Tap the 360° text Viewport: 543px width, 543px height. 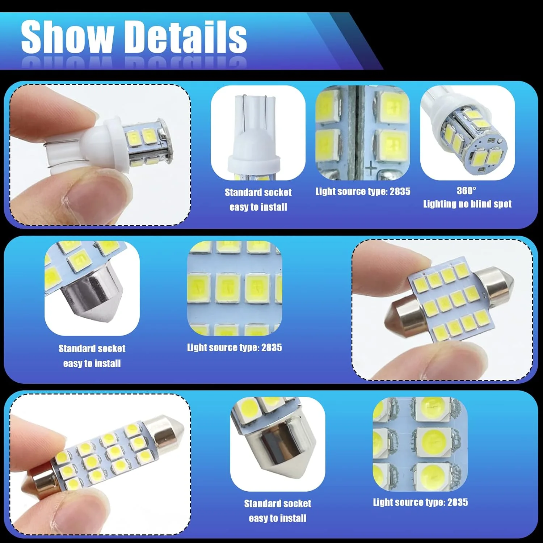click(x=467, y=190)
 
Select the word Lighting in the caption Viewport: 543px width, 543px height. click(x=439, y=204)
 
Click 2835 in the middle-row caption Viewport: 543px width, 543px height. click(x=271, y=348)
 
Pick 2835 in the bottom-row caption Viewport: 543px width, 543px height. click(x=457, y=502)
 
